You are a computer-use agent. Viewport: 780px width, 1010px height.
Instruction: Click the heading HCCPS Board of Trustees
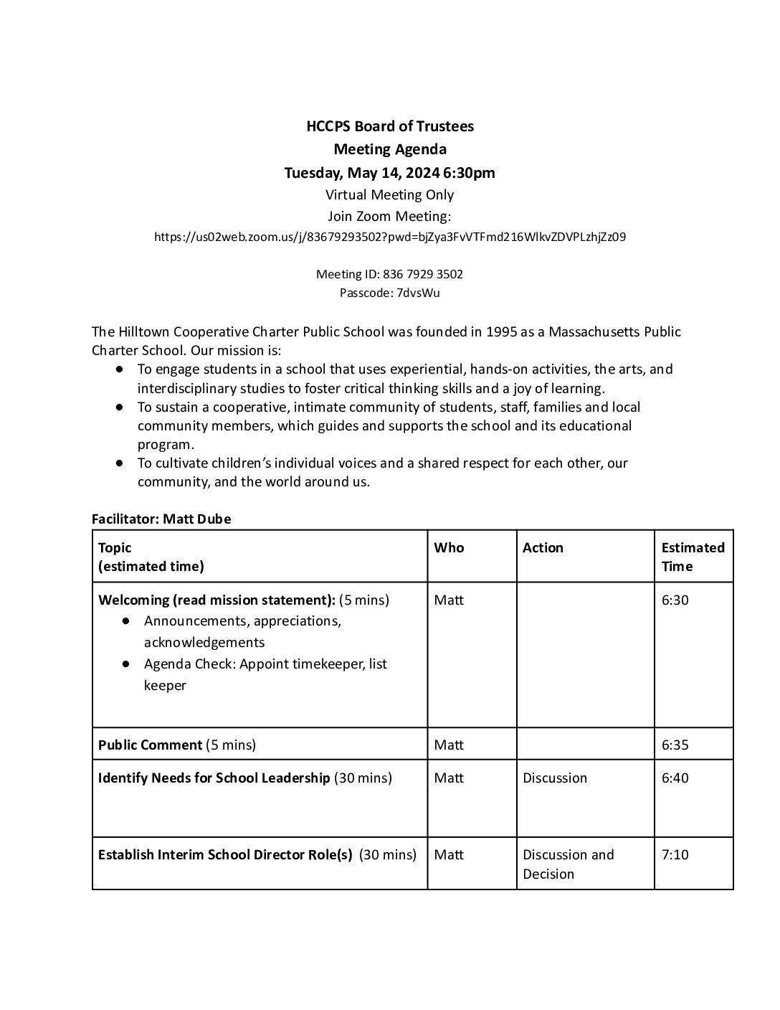tap(390, 126)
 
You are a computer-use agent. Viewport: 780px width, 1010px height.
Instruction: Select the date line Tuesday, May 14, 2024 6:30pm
tap(390, 173)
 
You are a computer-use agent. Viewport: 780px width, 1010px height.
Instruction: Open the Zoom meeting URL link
tap(390, 237)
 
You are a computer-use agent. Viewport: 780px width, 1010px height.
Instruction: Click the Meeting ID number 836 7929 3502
tap(423, 274)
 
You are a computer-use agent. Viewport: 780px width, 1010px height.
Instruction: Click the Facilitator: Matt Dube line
tap(161, 519)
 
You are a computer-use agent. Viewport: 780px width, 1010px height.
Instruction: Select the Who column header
tap(449, 548)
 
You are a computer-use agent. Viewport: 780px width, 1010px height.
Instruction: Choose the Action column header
tap(543, 548)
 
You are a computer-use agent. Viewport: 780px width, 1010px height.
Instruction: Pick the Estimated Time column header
tap(693, 557)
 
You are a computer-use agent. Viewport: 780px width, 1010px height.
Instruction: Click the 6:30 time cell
tap(675, 600)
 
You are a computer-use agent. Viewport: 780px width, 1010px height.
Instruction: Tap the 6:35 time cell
tap(675, 745)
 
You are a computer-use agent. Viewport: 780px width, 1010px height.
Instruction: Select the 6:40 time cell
tap(675, 778)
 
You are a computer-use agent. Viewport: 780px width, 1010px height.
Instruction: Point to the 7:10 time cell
tap(675, 855)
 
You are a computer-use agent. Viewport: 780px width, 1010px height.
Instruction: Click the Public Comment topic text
tap(151, 745)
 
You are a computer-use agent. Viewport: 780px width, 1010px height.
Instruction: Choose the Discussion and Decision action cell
tap(569, 864)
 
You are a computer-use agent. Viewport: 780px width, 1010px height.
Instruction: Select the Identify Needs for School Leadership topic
tap(214, 778)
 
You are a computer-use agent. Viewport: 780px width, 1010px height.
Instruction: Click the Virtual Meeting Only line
tap(390, 195)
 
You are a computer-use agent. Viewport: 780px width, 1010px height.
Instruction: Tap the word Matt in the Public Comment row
tap(449, 745)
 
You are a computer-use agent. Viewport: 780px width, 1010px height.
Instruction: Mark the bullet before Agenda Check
tap(126, 664)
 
